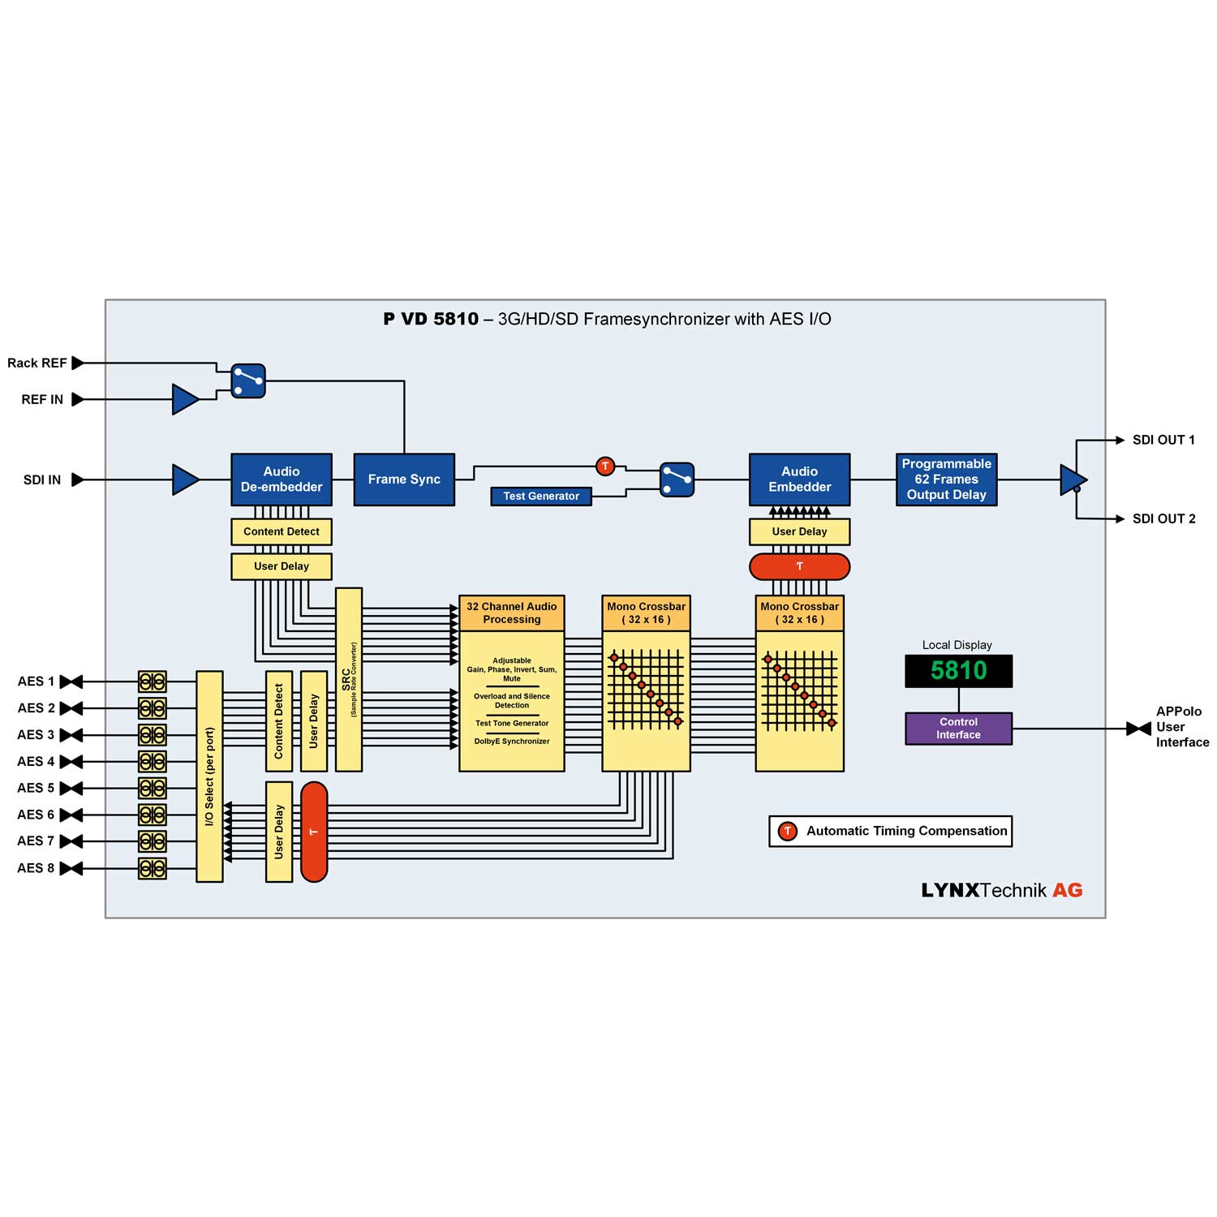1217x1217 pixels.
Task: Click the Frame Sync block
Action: pos(404,479)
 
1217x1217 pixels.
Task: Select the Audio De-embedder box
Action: pos(282,479)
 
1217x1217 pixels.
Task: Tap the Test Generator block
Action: pos(541,496)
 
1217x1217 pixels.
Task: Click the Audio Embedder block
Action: pos(799,479)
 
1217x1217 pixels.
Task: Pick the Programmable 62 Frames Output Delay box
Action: pos(946,479)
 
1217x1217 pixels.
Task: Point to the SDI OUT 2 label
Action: pos(1163,518)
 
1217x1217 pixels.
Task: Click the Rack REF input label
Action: pos(37,363)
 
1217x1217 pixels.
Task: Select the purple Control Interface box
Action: pos(958,728)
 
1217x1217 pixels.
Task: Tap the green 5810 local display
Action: pos(958,671)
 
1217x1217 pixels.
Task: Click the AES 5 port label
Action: pos(36,788)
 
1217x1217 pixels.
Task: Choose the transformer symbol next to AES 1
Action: pos(152,682)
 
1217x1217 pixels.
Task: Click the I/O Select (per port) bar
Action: pos(209,776)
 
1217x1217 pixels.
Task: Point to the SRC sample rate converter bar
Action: pos(349,679)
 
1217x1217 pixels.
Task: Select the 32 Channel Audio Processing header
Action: pos(511,613)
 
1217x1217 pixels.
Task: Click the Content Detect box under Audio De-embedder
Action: pos(282,531)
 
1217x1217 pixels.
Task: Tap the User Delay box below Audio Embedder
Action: pos(799,531)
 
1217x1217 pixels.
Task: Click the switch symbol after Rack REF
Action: pos(248,381)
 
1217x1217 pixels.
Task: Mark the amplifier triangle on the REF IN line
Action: pos(185,399)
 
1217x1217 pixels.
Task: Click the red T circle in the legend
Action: pos(787,831)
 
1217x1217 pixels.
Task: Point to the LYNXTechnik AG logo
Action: pos(1001,890)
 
